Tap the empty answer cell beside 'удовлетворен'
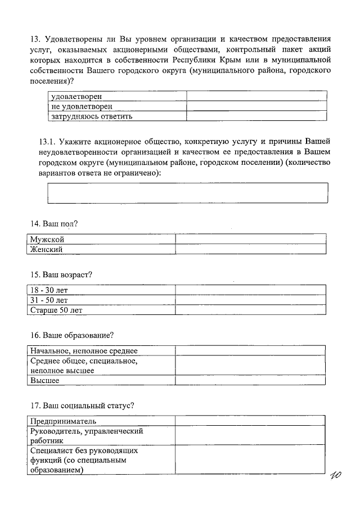tap(257, 97)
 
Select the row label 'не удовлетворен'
tap(82, 106)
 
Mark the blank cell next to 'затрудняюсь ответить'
tap(257, 116)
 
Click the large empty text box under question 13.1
tap(188, 192)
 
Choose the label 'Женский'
tap(47, 249)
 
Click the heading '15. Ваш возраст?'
tap(61, 275)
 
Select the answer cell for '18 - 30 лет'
tap(250, 290)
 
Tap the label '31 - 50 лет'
tap(49, 300)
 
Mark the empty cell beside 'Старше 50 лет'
tap(250, 309)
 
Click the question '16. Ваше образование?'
tap(73, 335)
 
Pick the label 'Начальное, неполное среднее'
tap(84, 350)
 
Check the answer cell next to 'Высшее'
tap(250, 380)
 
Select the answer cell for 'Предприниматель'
tap(249, 421)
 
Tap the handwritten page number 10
tap(338, 478)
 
